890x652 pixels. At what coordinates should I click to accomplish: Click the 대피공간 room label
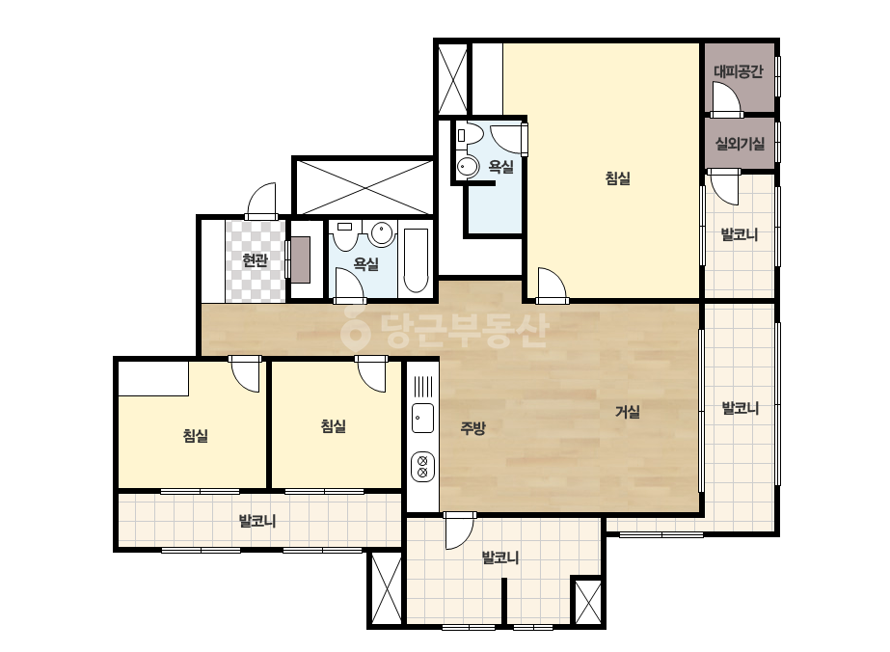(738, 71)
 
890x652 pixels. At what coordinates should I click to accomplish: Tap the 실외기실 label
(740, 144)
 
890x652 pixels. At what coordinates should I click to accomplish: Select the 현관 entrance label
(255, 260)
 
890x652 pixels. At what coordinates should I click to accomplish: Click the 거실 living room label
(628, 411)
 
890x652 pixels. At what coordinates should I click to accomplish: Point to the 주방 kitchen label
(472, 427)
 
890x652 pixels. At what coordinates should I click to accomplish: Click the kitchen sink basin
(422, 418)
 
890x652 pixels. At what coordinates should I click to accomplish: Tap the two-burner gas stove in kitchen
(422, 466)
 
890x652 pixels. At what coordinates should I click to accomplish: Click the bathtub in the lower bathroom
(416, 260)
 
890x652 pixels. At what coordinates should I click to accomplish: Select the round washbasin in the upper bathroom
(468, 167)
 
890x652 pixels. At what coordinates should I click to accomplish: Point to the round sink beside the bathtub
(382, 233)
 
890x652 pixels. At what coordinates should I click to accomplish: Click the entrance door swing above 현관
(262, 199)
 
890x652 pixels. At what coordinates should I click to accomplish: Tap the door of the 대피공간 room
(727, 98)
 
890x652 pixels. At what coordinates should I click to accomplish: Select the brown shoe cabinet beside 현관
(301, 260)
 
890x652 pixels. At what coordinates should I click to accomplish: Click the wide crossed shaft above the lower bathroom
(364, 187)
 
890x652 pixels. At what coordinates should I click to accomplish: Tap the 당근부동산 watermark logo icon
(355, 329)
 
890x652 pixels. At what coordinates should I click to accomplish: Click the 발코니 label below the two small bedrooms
(257, 521)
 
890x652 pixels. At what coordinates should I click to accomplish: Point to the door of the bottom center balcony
(459, 531)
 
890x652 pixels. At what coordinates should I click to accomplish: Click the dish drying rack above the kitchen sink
(422, 387)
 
